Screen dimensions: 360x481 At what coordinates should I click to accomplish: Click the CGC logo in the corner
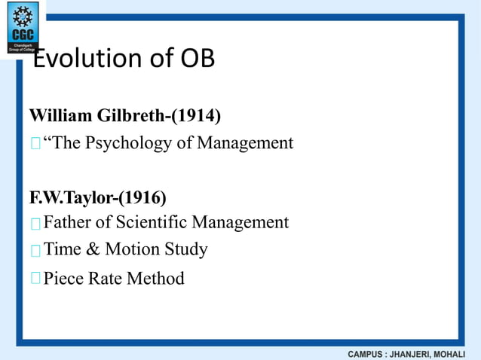pyautogui.click(x=22, y=27)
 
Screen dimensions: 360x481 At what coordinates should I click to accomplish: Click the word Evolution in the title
pyautogui.click(x=82, y=59)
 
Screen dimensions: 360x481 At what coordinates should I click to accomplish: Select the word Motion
pyautogui.click(x=130, y=249)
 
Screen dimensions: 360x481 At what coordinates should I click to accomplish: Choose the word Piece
pyautogui.click(x=64, y=279)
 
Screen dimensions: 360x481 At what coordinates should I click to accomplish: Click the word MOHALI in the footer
pyautogui.click(x=460, y=353)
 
